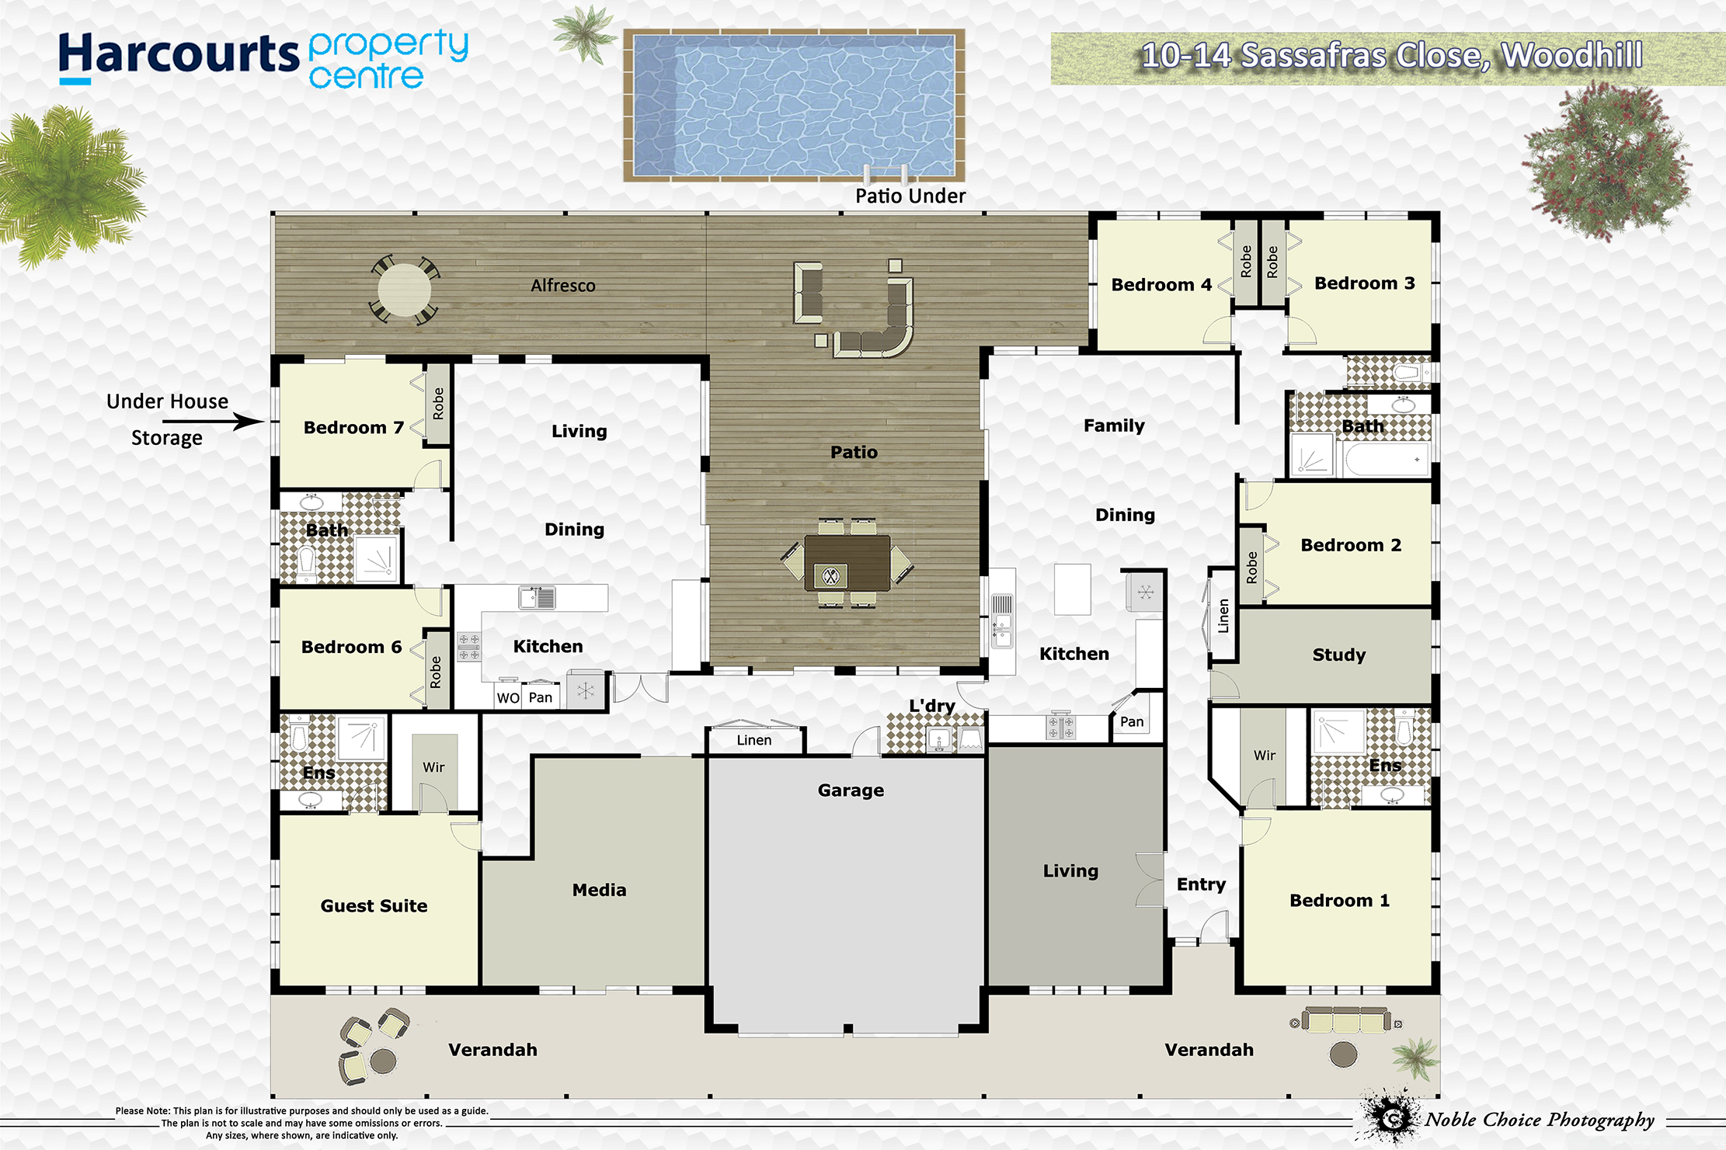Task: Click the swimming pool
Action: point(794,106)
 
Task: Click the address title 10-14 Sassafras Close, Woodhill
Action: point(1391,56)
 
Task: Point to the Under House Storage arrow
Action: point(214,422)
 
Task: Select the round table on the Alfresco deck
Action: point(404,290)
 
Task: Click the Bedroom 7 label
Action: point(353,428)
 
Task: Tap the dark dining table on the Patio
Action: point(847,563)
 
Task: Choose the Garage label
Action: point(851,790)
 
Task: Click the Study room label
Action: point(1338,655)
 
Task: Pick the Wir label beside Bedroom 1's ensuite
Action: point(1265,755)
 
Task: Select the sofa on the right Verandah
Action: point(1346,1020)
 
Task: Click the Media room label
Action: point(599,890)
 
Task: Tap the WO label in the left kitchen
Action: point(508,698)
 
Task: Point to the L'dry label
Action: point(932,706)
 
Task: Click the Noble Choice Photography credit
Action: point(1539,1120)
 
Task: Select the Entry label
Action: point(1201,885)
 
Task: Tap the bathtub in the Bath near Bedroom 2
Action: point(1387,460)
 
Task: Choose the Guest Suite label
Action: point(374,906)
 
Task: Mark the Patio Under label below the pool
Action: point(910,196)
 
